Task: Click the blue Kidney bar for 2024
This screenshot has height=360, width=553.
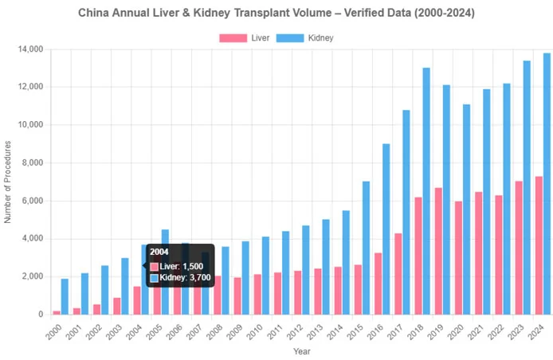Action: [x=547, y=184]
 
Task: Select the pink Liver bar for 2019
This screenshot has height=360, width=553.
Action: [x=438, y=251]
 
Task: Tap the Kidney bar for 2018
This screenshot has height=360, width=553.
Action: [x=426, y=191]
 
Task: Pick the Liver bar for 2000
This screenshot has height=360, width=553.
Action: [x=57, y=312]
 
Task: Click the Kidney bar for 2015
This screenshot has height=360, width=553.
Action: [x=366, y=248]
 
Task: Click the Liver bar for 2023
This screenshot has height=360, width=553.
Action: [x=519, y=248]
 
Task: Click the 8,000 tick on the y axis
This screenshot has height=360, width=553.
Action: [x=31, y=163]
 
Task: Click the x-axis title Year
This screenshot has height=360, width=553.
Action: [x=301, y=351]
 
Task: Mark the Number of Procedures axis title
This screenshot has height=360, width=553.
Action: [x=8, y=182]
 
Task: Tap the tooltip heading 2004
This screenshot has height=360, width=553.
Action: [x=159, y=252]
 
